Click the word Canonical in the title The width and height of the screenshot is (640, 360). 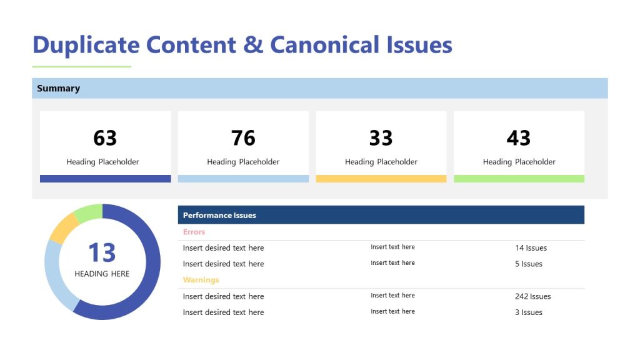coord(324,45)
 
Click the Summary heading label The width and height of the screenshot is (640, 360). coord(58,89)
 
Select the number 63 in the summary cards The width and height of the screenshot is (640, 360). coord(105,137)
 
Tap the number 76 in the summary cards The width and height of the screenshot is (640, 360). coord(243,137)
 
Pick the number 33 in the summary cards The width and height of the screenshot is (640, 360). coord(381,137)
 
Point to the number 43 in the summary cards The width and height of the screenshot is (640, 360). coord(519,137)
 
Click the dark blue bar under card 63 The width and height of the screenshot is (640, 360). coord(105,179)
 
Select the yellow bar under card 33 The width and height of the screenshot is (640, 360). coord(381,179)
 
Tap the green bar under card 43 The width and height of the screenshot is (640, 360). coord(519,179)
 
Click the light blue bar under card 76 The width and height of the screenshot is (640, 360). coord(243,179)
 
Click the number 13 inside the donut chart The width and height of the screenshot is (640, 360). coord(102,253)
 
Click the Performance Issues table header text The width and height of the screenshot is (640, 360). coord(219,216)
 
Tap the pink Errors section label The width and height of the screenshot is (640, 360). coord(194,232)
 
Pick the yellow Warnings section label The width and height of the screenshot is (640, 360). coord(201,280)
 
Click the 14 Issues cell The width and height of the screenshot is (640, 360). coord(531,248)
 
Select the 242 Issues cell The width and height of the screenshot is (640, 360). coord(532,296)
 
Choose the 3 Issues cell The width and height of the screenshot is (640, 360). coord(528,312)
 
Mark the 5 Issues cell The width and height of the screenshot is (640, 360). coord(528,264)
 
